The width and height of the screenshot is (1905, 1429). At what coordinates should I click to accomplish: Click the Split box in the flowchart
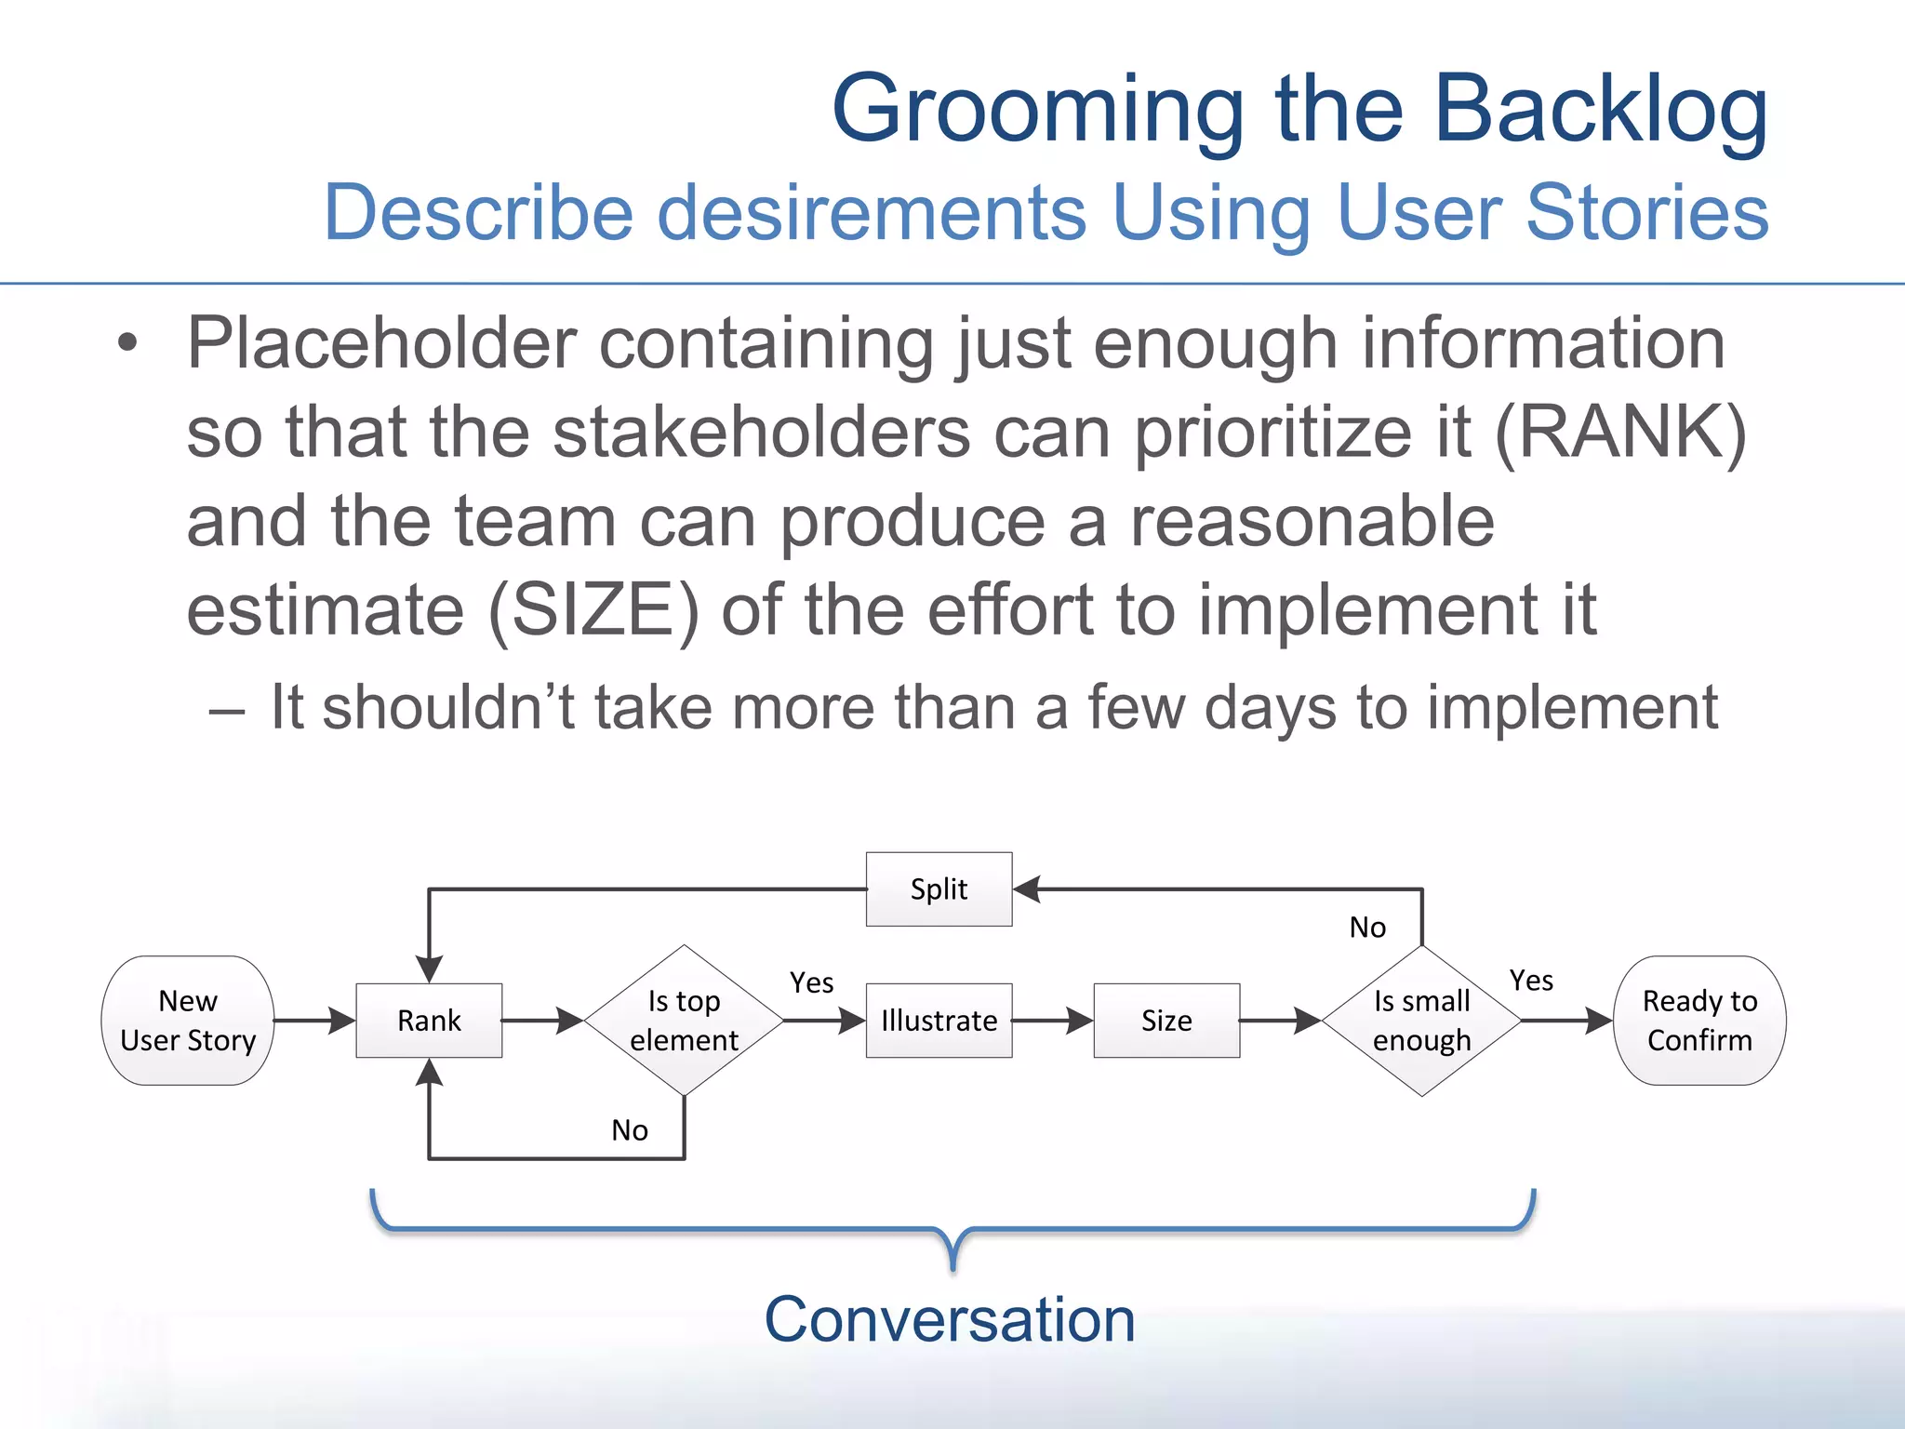(x=939, y=888)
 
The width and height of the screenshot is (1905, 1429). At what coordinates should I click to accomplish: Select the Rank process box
(x=429, y=1021)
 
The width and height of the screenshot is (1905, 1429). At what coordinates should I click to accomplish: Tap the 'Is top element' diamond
(x=684, y=1021)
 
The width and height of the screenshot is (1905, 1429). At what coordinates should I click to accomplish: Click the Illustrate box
(x=939, y=1021)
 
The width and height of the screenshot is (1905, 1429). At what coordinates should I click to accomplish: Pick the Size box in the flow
(x=1166, y=1021)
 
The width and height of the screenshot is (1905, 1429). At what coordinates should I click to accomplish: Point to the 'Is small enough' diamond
(x=1421, y=1021)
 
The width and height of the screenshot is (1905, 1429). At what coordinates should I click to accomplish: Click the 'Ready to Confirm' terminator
(x=1699, y=1021)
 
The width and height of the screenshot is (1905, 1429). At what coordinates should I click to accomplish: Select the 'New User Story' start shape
(x=188, y=1021)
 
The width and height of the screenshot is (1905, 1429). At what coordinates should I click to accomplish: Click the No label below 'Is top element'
(x=630, y=1130)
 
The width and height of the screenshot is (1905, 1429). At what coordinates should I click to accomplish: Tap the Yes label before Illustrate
(x=811, y=982)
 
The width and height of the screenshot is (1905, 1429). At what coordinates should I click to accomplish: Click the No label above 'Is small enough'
(x=1367, y=928)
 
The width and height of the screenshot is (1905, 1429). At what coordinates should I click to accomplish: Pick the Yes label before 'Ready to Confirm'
(x=1531, y=981)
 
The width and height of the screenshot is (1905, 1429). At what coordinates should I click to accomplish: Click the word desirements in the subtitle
(x=872, y=213)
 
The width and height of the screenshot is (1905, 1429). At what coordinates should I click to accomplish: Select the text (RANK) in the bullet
(x=1620, y=433)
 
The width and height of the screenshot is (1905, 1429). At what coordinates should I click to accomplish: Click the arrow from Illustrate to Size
(x=1052, y=1021)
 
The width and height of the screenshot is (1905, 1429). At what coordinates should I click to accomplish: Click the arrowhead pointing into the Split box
(x=1027, y=889)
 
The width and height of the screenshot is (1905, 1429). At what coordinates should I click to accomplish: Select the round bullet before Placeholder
(x=127, y=343)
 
